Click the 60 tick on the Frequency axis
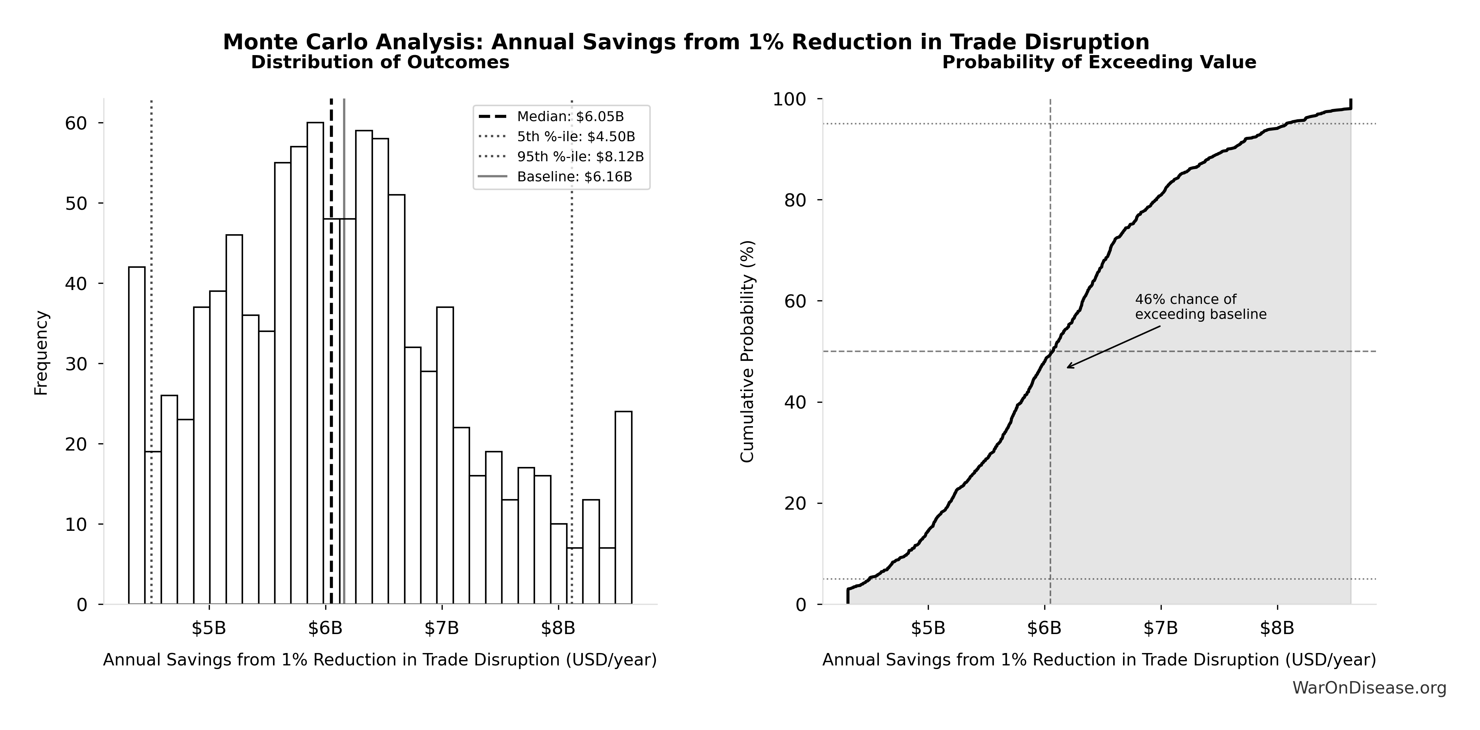click(76, 123)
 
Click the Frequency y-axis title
click(41, 353)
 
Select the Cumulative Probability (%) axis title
click(747, 352)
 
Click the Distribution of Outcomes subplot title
click(380, 63)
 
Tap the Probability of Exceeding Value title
click(1099, 63)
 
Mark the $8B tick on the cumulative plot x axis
click(1277, 628)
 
